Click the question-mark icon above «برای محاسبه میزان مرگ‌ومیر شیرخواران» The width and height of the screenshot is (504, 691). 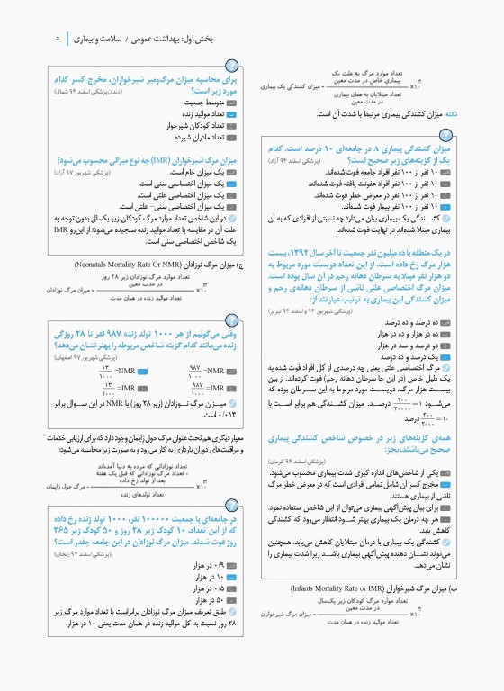point(233,65)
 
